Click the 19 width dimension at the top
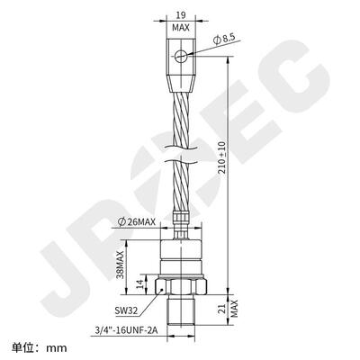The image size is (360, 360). (181, 15)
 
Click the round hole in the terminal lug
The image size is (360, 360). (182, 57)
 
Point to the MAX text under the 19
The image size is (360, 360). (181, 28)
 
